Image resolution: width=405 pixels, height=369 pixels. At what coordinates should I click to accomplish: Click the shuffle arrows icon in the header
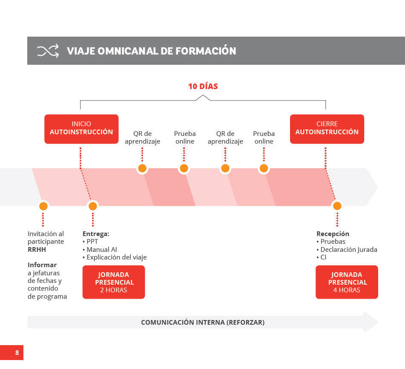coord(48,51)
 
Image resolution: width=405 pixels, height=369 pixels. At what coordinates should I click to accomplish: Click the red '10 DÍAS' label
coord(203,86)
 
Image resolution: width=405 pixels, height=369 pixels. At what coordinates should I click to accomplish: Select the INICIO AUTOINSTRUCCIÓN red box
coord(81,129)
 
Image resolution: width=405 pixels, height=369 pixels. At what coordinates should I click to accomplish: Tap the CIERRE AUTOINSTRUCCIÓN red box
coord(327,129)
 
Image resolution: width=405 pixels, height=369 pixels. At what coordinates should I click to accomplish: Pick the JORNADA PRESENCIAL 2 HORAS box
coord(114,282)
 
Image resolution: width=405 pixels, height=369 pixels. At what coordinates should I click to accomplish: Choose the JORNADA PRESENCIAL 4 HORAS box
coord(347,282)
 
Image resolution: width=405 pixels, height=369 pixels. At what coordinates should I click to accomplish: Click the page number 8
coord(17,352)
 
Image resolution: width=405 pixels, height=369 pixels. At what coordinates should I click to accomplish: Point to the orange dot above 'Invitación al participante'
coord(43,206)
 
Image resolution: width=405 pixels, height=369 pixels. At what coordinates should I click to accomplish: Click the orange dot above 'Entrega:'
coord(93,206)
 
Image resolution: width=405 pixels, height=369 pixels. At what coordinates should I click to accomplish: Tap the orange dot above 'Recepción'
coord(337,206)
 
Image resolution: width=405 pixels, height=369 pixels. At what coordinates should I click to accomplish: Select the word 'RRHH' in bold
coord(37,250)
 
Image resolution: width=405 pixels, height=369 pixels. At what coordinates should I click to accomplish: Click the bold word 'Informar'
coord(42,265)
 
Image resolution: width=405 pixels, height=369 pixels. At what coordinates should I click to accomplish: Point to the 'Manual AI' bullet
coord(100,250)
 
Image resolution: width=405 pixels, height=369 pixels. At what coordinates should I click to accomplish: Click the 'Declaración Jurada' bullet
coord(347,250)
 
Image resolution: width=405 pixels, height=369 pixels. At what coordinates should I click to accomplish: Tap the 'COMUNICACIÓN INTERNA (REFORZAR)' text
coord(203,323)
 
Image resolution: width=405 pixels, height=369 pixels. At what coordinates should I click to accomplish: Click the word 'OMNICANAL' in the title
coord(128,51)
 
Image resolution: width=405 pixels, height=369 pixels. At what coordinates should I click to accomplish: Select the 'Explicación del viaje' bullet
coord(115,257)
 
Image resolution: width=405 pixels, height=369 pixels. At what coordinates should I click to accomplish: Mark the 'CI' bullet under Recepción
coord(322,257)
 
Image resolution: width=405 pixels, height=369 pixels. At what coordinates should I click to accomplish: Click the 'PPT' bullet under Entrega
coord(90,242)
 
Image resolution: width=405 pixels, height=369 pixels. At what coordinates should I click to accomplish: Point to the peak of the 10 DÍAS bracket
coord(203,95)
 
